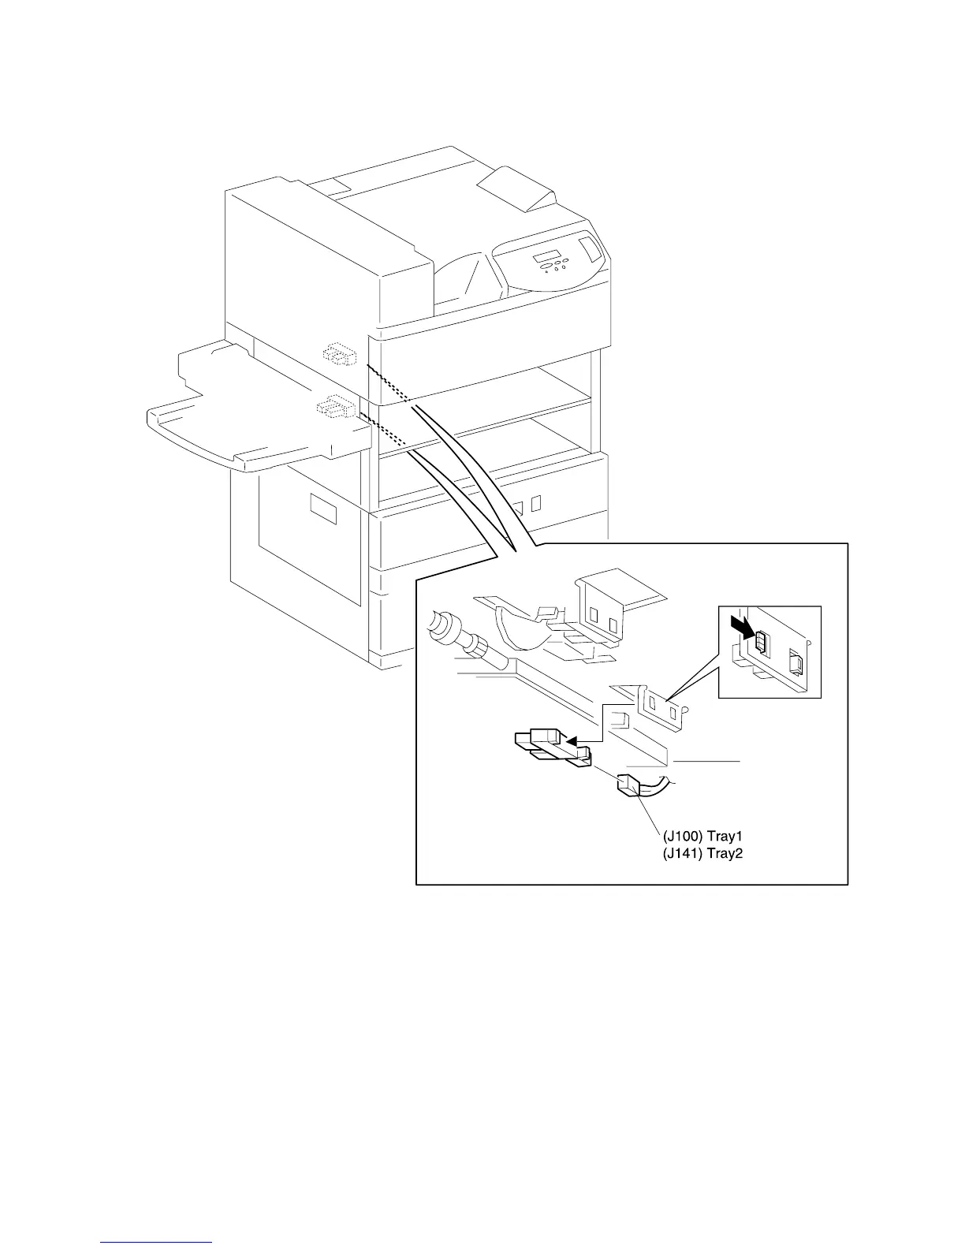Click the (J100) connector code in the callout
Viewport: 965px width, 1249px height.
tap(680, 835)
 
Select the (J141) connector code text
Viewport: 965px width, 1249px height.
tap(680, 852)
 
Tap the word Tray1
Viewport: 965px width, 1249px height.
tap(725, 835)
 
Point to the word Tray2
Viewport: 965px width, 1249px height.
tap(725, 852)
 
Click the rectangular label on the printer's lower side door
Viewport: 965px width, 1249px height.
tap(323, 509)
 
